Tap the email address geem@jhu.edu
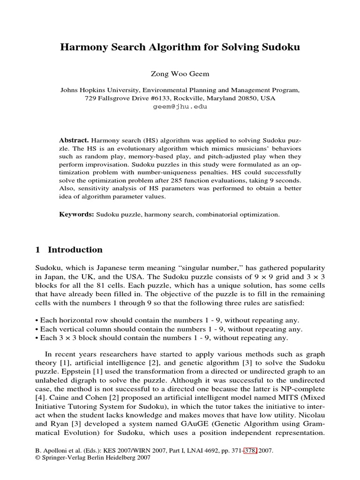[x=180, y=106]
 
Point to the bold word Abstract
[x=74, y=140]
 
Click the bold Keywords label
[x=76, y=214]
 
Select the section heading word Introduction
[x=75, y=250]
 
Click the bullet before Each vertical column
[x=37, y=330]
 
